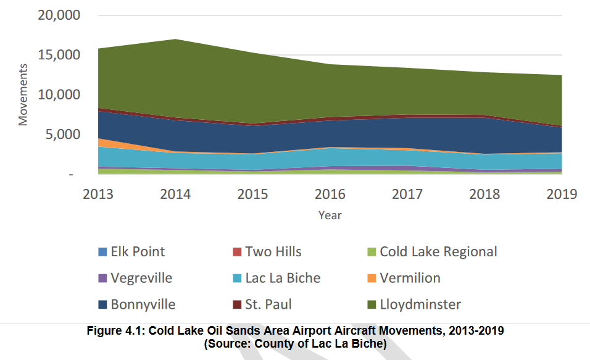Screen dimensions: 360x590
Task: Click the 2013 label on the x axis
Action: (99, 194)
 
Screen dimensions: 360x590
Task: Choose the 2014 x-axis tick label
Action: (175, 194)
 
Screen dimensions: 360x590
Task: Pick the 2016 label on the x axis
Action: (330, 194)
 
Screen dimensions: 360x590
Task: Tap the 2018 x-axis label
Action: (484, 194)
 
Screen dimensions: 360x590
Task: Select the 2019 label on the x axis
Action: (561, 194)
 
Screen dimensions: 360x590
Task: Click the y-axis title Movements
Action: (23, 94)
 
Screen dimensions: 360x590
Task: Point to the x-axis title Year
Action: (330, 216)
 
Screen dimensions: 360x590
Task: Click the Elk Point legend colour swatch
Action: (102, 252)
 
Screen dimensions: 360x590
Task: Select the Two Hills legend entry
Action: (273, 251)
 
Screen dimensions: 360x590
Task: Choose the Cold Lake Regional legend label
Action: (438, 251)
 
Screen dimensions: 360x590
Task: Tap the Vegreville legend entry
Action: (141, 278)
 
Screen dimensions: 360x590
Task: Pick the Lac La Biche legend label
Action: (283, 278)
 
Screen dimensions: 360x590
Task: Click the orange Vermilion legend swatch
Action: (371, 278)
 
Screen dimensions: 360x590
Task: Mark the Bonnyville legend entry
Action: (143, 304)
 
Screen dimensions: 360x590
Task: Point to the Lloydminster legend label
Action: (420, 304)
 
